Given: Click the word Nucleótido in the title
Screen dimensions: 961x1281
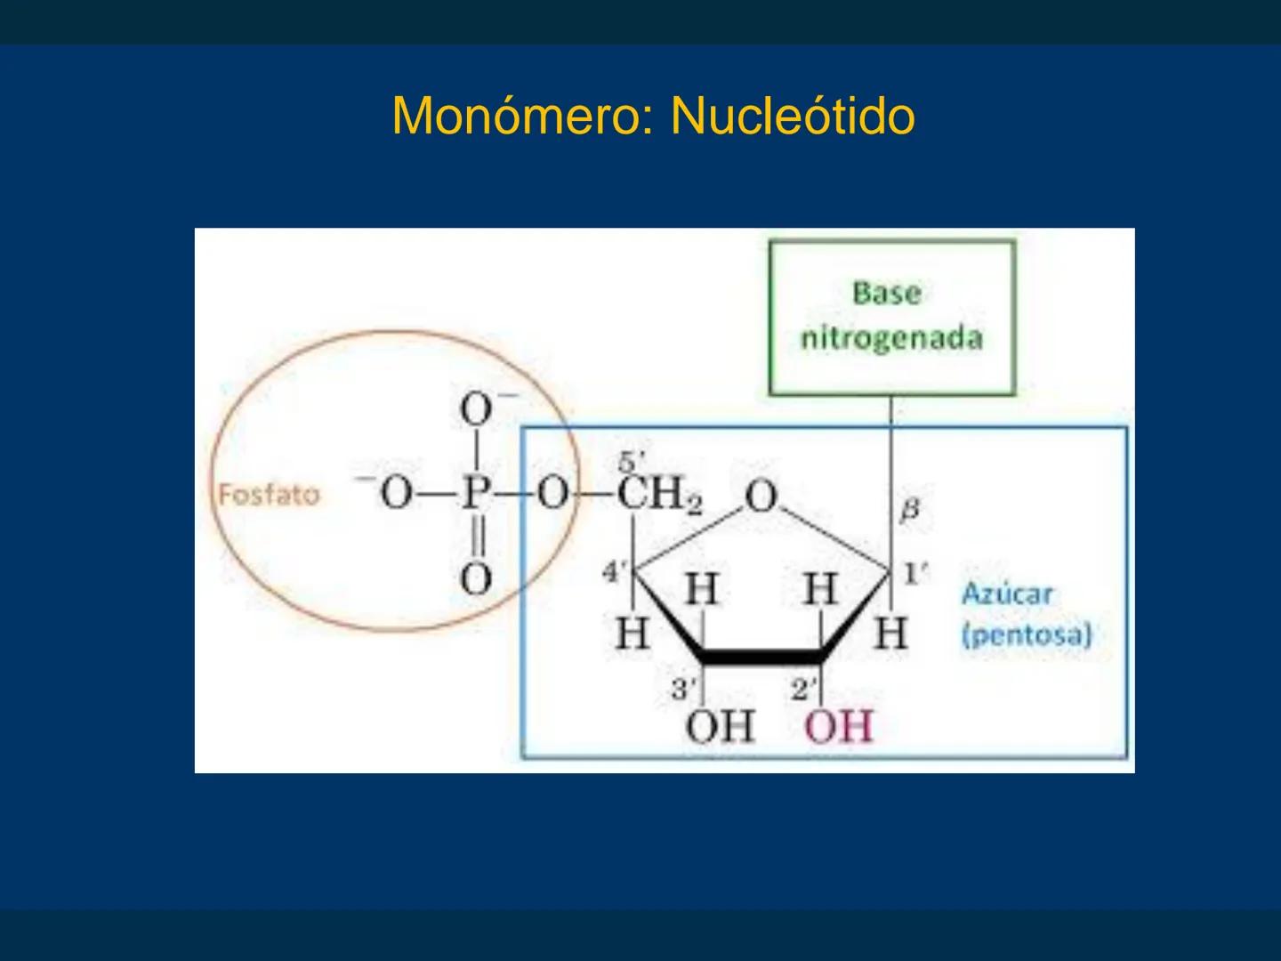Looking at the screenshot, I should pyautogui.click(x=793, y=116).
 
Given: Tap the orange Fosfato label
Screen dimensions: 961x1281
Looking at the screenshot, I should pyautogui.click(x=269, y=494).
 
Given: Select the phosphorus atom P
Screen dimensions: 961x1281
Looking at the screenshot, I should pyautogui.click(x=476, y=492).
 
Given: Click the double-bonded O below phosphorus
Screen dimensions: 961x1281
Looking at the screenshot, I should pyautogui.click(x=476, y=578).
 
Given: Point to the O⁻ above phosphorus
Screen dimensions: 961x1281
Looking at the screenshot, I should pyautogui.click(x=478, y=410).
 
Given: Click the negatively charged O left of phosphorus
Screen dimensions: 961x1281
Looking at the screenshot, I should pyautogui.click(x=396, y=492).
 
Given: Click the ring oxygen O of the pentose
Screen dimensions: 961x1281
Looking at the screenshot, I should pyautogui.click(x=761, y=497).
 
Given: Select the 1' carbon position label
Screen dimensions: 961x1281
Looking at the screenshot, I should pyautogui.click(x=914, y=574).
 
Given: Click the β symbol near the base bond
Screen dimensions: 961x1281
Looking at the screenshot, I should pyautogui.click(x=909, y=510).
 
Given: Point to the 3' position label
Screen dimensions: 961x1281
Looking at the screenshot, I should pyautogui.click(x=683, y=688).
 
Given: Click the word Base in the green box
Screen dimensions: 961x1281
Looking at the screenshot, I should pyautogui.click(x=886, y=292).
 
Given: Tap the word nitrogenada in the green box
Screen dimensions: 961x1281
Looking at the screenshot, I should pyautogui.click(x=891, y=338).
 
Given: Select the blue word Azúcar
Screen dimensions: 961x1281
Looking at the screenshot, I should pyautogui.click(x=1006, y=594).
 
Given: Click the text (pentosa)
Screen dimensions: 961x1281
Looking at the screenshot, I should pyautogui.click(x=1026, y=635).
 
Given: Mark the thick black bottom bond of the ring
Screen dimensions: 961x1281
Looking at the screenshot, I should pyautogui.click(x=761, y=658).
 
